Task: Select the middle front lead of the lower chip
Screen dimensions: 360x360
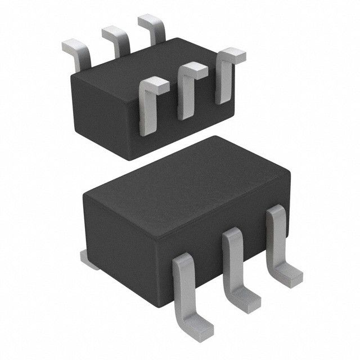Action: click(233, 264)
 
